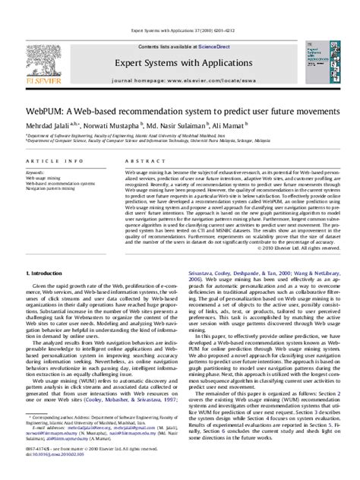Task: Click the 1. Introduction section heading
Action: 47,272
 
